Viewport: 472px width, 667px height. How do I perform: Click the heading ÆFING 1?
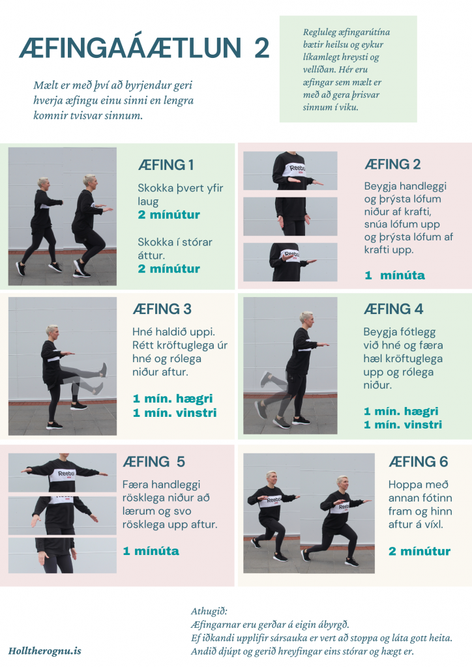click(166, 165)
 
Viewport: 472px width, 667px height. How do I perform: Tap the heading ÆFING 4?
click(393, 309)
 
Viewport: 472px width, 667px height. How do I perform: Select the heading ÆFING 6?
click(419, 462)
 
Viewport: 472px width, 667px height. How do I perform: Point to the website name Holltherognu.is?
click(45, 651)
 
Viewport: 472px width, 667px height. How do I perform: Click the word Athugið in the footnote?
click(209, 611)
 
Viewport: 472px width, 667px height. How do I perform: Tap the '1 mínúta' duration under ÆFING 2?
click(394, 276)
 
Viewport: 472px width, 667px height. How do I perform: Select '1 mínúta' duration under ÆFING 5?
click(151, 551)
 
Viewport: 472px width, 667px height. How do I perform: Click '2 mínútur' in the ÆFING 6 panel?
click(419, 551)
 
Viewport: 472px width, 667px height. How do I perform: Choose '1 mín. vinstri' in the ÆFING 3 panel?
click(175, 412)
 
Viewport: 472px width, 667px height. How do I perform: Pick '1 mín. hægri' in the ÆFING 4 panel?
click(401, 412)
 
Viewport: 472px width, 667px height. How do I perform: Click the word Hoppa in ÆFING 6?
click(403, 485)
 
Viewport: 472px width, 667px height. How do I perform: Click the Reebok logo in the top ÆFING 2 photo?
click(297, 169)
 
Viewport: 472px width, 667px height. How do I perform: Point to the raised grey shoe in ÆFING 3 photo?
click(103, 370)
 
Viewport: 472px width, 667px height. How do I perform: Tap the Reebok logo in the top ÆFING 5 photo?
click(66, 474)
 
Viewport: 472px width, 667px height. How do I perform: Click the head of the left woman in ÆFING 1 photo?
click(44, 184)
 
